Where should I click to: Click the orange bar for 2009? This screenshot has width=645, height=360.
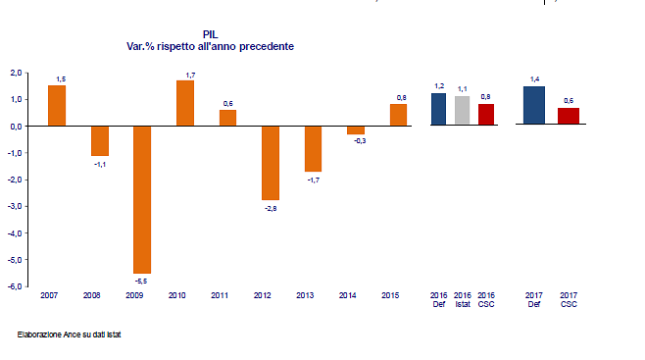(142, 199)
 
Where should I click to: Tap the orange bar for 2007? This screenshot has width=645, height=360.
(57, 106)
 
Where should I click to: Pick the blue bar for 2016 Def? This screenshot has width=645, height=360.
(438, 110)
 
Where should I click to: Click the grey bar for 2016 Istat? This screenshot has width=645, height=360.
(463, 111)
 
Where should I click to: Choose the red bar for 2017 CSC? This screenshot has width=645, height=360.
(569, 117)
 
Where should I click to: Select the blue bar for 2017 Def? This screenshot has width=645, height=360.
(533, 106)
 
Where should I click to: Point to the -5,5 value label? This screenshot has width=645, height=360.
(142, 282)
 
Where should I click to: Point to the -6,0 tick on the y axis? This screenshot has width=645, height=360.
(15, 286)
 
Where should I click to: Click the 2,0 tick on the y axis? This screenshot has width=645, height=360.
(16, 73)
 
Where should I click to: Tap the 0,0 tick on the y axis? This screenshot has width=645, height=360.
(16, 127)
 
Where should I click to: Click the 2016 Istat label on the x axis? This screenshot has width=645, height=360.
(463, 299)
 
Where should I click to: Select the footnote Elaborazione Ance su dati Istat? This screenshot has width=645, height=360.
(69, 334)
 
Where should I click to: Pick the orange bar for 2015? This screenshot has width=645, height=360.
(398, 115)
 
